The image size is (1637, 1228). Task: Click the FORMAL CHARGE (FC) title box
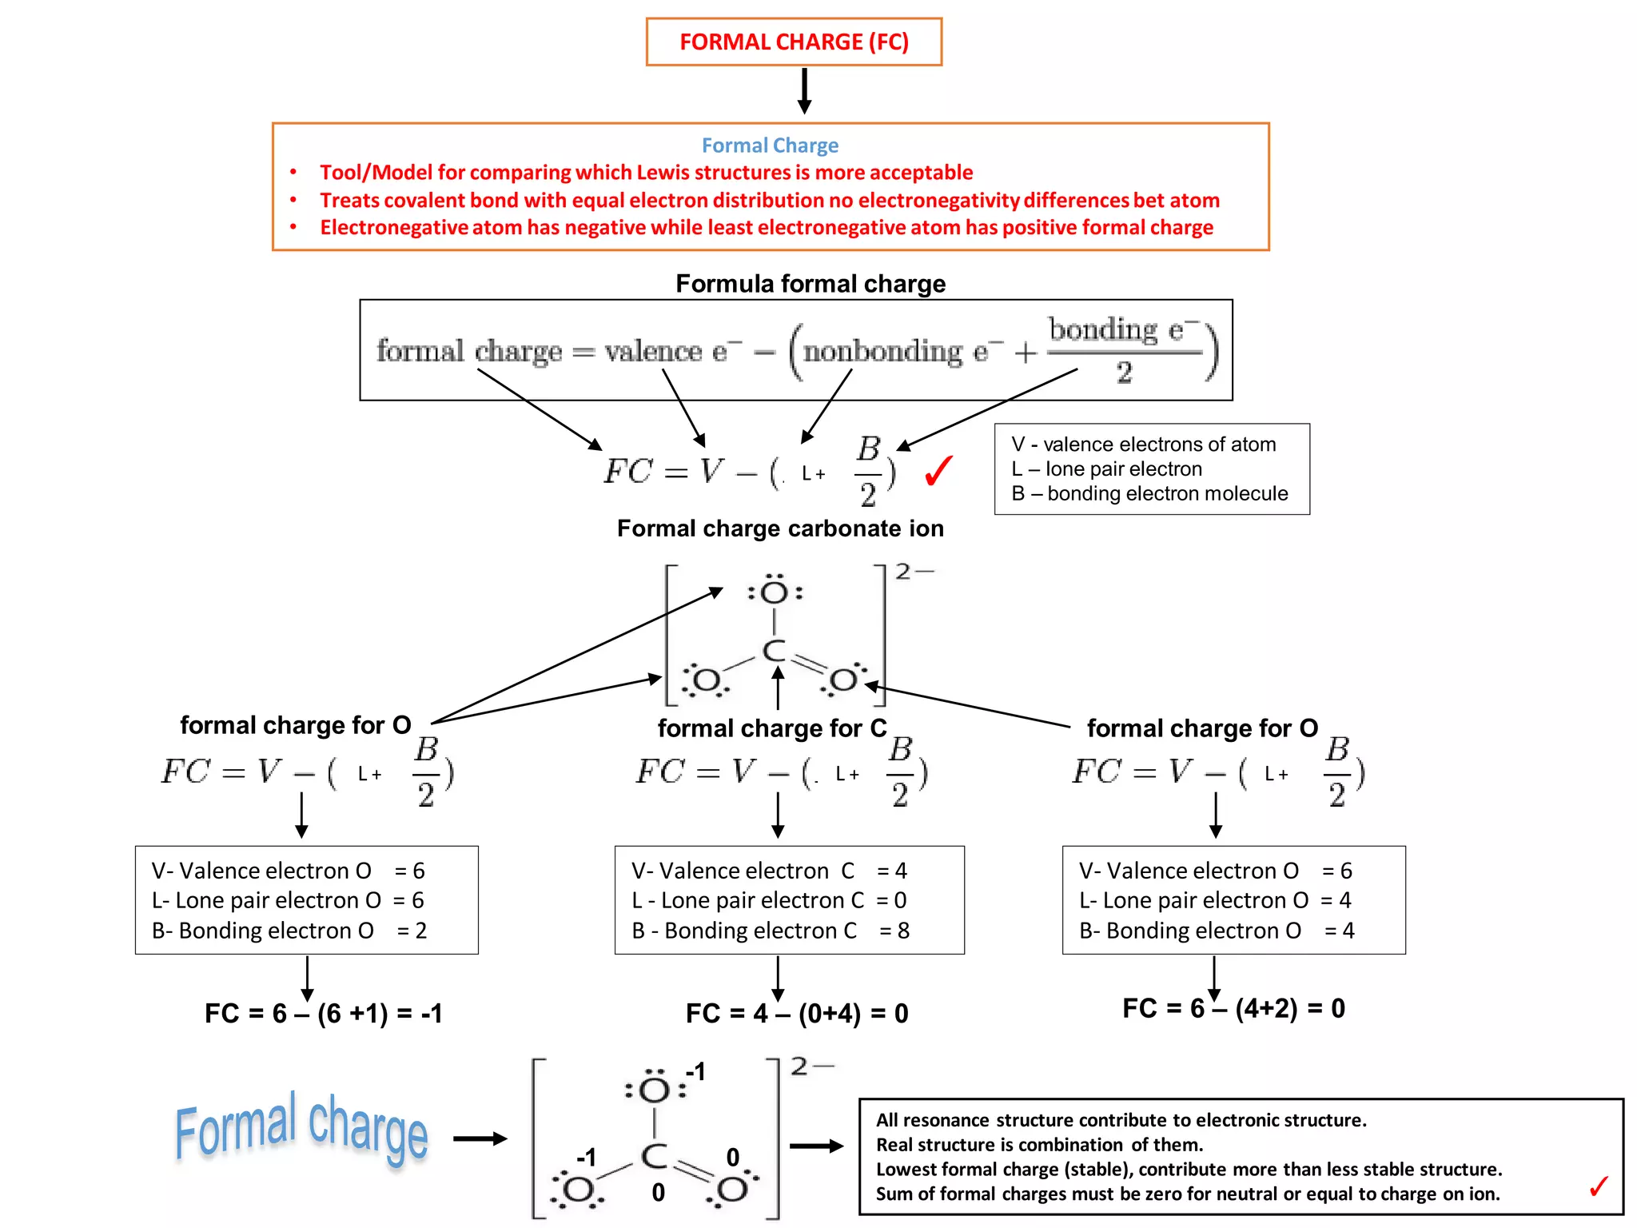coord(794,42)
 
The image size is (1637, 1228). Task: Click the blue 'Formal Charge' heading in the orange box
coord(770,146)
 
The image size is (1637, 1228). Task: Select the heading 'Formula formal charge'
coord(810,284)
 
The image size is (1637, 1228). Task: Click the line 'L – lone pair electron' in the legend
coord(1106,469)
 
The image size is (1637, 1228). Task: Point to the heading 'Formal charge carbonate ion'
coord(780,528)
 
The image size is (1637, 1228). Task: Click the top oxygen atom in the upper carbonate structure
coord(774,592)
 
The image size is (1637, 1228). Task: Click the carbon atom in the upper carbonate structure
coord(774,651)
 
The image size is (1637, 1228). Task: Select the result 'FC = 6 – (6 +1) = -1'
coord(323,1014)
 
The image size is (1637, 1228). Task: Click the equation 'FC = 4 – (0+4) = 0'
coord(797,1014)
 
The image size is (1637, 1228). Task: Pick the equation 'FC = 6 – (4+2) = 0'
coord(1233,1009)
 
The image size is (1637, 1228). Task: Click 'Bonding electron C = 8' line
coord(770,931)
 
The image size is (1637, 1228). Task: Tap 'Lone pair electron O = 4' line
coord(1214,900)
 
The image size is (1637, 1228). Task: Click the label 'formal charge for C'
coord(771,728)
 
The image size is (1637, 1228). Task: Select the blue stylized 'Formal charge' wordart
coord(301,1128)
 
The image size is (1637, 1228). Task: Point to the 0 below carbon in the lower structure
coord(658,1192)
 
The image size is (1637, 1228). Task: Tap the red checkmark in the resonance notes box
coord(1599,1186)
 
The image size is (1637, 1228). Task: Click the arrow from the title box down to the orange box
coord(805,90)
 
